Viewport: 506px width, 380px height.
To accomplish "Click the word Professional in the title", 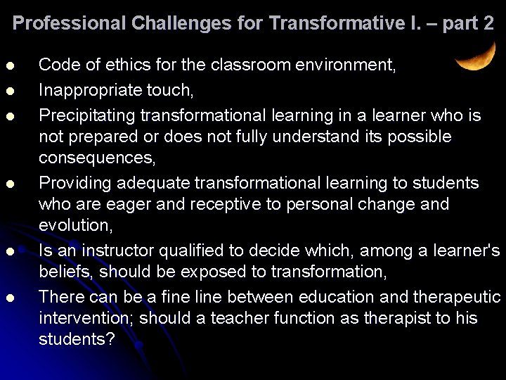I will [69, 23].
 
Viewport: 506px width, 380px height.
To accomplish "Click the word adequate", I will [146, 183].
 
